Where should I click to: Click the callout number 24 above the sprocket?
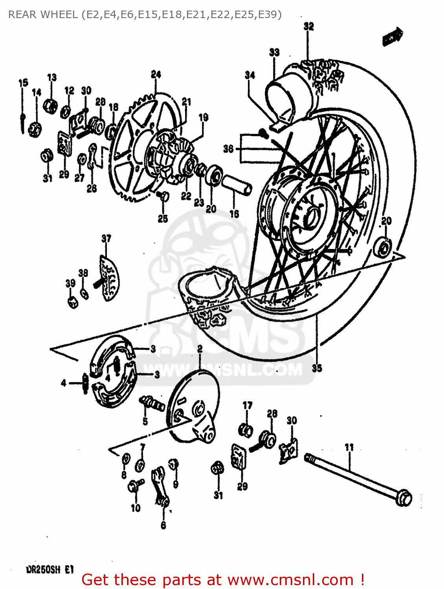(156, 74)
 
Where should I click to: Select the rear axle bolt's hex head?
(403, 498)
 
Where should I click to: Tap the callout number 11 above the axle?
(349, 447)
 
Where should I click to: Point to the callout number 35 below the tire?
(317, 368)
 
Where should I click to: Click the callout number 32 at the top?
(309, 26)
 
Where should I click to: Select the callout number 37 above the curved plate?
(106, 238)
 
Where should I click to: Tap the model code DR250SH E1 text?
(50, 570)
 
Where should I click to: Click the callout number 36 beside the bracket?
(228, 148)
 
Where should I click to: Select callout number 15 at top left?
(23, 83)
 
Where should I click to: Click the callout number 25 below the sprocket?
(163, 219)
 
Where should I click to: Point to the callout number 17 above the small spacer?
(247, 405)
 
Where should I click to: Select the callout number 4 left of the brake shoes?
(63, 383)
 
